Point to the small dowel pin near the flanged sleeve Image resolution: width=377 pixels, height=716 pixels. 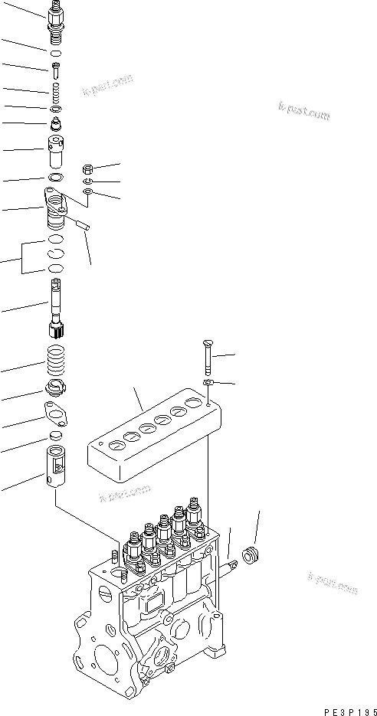pyautogui.click(x=83, y=226)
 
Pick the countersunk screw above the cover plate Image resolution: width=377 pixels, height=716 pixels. pyautogui.click(x=208, y=356)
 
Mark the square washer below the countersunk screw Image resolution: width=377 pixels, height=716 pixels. pyautogui.click(x=208, y=381)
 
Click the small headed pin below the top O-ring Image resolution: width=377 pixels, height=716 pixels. pyautogui.click(x=57, y=70)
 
